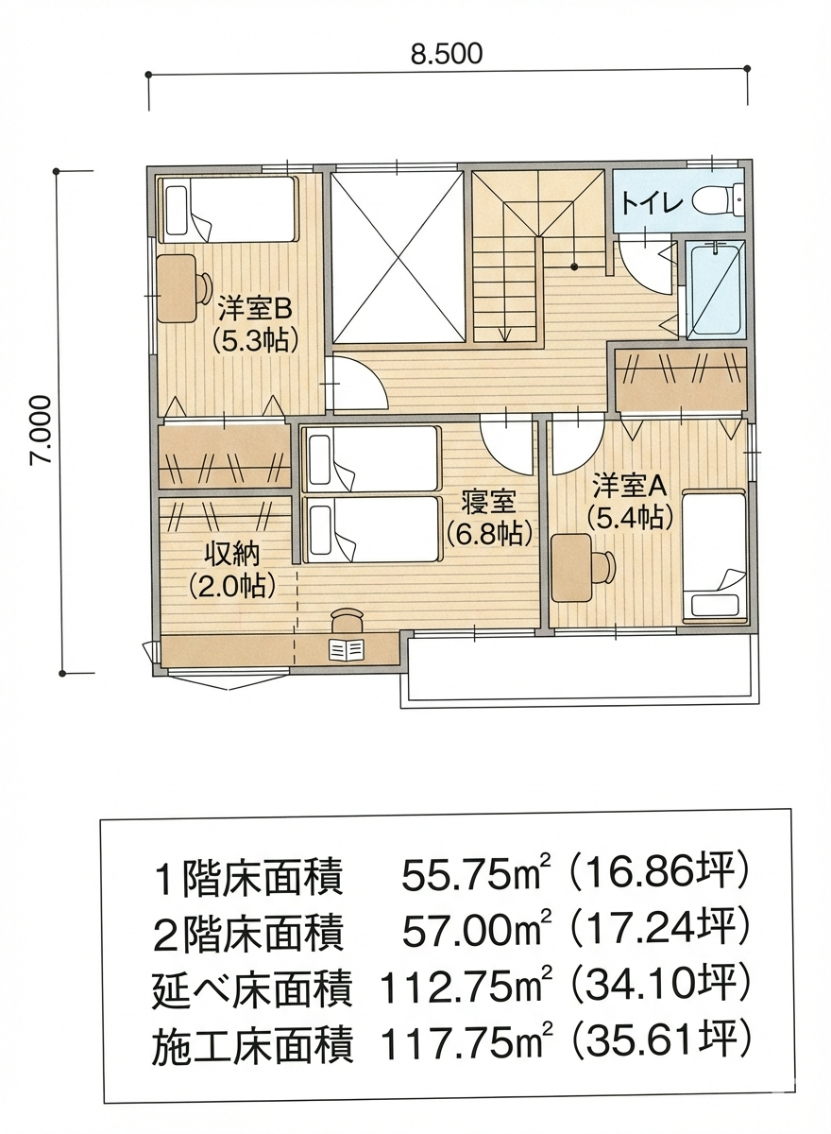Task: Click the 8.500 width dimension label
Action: [446, 54]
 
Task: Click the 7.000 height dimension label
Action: [41, 429]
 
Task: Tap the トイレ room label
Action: [652, 202]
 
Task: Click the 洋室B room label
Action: [255, 309]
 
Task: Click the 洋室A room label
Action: [630, 485]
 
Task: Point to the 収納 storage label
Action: [231, 556]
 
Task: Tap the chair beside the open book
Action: [348, 621]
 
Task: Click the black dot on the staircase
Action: [574, 266]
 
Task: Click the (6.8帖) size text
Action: [489, 533]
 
